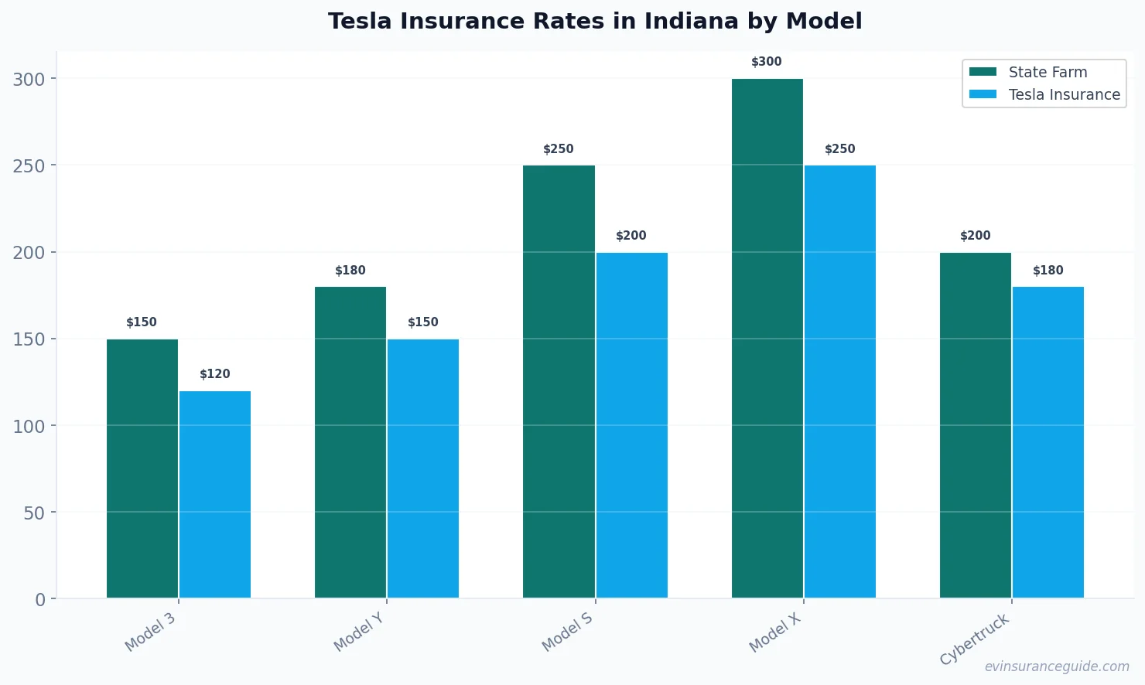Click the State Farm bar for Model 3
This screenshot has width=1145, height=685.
pyautogui.click(x=142, y=469)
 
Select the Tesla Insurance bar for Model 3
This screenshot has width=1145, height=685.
pyautogui.click(x=215, y=495)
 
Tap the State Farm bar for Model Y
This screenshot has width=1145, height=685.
pyautogui.click(x=350, y=442)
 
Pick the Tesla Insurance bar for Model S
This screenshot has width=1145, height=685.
pyautogui.click(x=631, y=425)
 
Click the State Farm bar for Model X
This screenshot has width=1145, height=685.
pyautogui.click(x=767, y=339)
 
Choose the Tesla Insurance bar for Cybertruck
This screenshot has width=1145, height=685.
pyautogui.click(x=1048, y=442)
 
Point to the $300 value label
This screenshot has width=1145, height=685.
pyautogui.click(x=767, y=62)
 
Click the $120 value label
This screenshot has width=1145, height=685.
pyautogui.click(x=215, y=374)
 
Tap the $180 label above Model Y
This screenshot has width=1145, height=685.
pyautogui.click(x=350, y=271)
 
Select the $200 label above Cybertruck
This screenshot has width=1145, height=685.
pyautogui.click(x=975, y=236)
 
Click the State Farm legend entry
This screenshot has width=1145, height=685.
pyautogui.click(x=1029, y=72)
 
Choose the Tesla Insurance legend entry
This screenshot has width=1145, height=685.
pyautogui.click(x=1044, y=94)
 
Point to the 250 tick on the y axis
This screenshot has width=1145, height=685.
pyautogui.click(x=29, y=166)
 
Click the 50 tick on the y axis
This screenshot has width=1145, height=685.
pyautogui.click(x=34, y=513)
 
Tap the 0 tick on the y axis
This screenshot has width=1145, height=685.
pyautogui.click(x=40, y=600)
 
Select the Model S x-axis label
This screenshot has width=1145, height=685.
pyautogui.click(x=567, y=632)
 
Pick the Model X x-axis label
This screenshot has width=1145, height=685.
pyautogui.click(x=775, y=632)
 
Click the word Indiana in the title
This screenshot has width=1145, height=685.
pyautogui.click(x=690, y=21)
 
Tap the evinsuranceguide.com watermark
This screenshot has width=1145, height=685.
pyautogui.click(x=1057, y=666)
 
